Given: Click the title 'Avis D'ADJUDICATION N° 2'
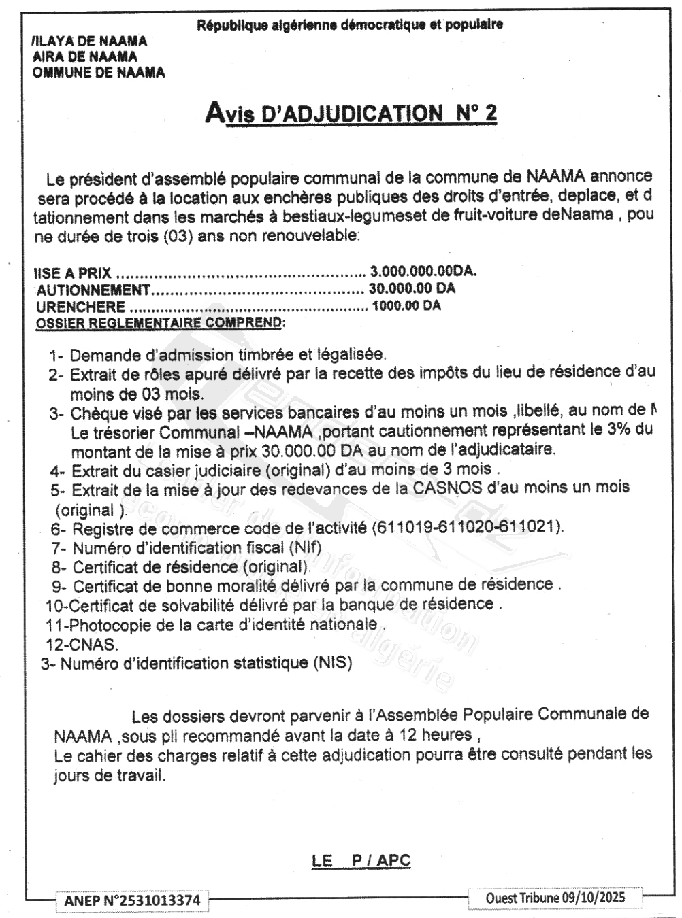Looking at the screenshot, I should [x=351, y=113].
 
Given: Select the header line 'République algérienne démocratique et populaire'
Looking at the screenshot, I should [x=350, y=26].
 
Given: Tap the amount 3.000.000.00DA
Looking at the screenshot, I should [x=423, y=271].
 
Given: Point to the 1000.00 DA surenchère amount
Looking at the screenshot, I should [x=406, y=306].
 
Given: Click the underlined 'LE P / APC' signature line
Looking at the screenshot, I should [x=361, y=860].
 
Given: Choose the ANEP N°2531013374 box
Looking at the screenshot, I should [x=133, y=900].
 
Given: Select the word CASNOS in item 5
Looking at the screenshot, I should [x=444, y=488].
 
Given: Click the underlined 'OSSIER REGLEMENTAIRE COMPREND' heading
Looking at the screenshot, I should [x=159, y=322].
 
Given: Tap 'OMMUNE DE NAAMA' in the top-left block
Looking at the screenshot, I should [x=99, y=72].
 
